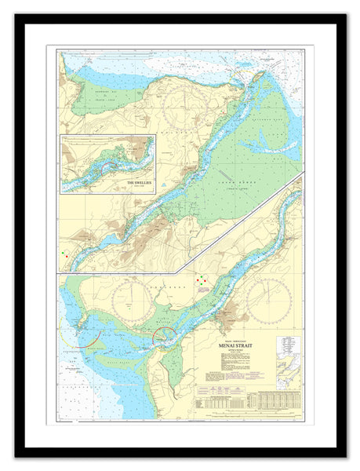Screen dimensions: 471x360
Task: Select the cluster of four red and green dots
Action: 202,279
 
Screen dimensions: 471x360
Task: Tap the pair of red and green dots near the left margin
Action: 66,254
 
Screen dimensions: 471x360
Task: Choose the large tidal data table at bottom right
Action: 278,400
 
